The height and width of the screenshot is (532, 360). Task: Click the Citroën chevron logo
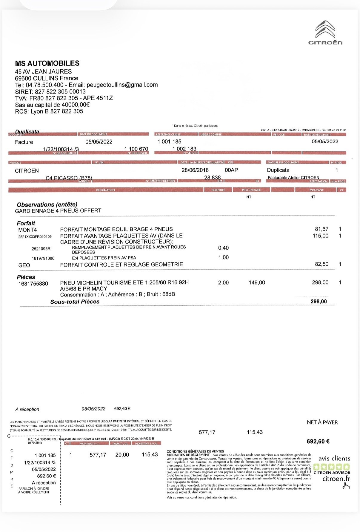[x=325, y=30]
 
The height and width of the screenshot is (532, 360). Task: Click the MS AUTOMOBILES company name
[x=47, y=63]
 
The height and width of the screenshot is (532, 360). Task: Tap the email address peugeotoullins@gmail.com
[x=122, y=85]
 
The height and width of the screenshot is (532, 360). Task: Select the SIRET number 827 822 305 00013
[x=60, y=92]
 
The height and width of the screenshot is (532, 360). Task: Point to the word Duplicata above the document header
[x=27, y=132]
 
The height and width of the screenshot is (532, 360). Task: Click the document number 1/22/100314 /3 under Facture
[x=61, y=149]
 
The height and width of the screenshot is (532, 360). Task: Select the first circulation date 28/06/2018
[x=195, y=170]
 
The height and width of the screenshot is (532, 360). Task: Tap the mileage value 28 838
[x=212, y=178]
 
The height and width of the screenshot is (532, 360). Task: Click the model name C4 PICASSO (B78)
[x=69, y=178]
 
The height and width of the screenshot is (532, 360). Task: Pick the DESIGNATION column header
[x=105, y=190]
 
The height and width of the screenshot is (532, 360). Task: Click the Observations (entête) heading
[x=47, y=205]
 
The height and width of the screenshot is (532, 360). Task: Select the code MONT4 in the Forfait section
[x=27, y=230]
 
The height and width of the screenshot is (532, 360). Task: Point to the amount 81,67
[x=321, y=229]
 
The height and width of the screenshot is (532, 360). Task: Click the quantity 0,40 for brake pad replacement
[x=223, y=248]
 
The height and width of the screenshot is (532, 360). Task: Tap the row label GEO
[x=24, y=265]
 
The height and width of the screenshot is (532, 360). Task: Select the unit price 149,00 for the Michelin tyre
[x=257, y=282]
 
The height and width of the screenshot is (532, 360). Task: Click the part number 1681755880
[x=33, y=284]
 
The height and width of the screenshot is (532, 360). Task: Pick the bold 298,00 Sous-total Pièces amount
[x=319, y=302]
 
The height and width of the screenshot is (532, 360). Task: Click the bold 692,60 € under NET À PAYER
[x=318, y=441]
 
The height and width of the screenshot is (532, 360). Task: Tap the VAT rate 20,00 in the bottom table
[x=122, y=455]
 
